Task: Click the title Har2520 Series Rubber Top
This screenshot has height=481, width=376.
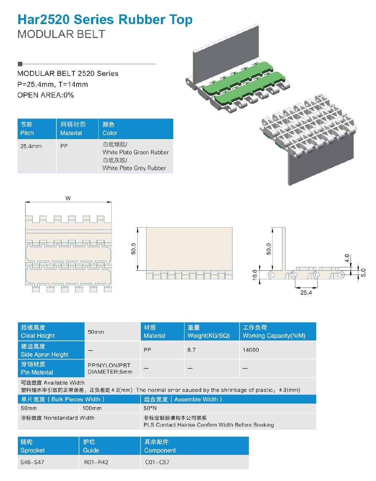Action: coord(105,20)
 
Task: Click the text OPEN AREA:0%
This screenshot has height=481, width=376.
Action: coord(45,95)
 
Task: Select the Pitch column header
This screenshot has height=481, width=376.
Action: coord(37,129)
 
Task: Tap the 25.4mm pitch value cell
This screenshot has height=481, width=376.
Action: coord(31,146)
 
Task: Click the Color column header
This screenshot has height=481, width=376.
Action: coord(135,129)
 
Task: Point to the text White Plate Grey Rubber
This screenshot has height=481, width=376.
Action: coord(134,168)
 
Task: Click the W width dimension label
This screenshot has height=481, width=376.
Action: coord(68,198)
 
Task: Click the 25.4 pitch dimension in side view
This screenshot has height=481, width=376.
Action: coord(306,293)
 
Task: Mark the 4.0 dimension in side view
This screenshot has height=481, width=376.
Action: coord(347,258)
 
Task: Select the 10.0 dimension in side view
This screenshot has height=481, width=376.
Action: coord(255,275)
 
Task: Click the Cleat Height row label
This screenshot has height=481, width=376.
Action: coord(51,332)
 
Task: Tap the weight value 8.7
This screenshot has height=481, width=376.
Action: coord(191,350)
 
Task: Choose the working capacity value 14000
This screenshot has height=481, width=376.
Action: coord(251,350)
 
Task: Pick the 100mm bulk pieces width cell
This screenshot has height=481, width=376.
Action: coord(92,408)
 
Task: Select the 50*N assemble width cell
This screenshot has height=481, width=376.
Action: coord(150,408)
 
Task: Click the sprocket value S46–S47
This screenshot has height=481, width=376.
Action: coord(32,462)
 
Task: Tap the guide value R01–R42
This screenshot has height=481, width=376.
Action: coord(96,462)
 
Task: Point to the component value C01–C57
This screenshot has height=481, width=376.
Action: coord(157,462)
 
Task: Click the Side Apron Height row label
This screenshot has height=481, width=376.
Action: coord(51,350)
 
